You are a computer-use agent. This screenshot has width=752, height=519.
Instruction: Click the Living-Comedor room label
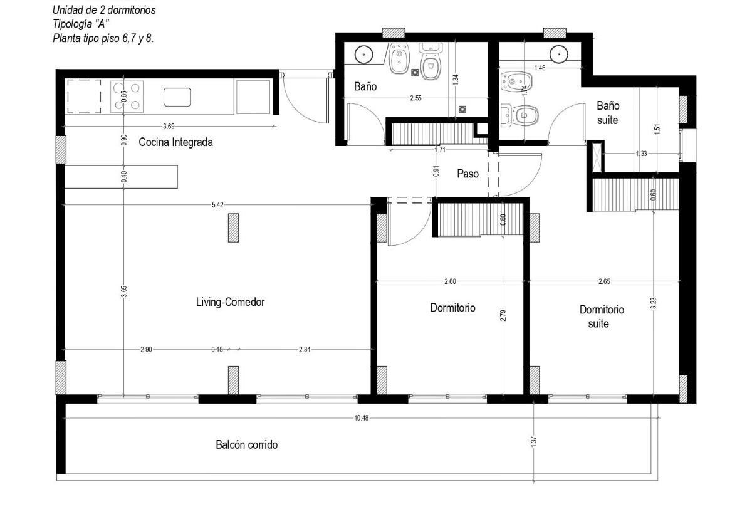[x=231, y=301]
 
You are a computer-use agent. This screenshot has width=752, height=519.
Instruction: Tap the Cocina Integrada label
[x=175, y=142]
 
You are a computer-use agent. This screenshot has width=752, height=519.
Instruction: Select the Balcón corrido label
[x=247, y=444]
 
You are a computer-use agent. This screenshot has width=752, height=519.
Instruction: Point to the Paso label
[x=467, y=174]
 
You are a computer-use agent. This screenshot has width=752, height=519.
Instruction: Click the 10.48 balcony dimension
[x=361, y=418]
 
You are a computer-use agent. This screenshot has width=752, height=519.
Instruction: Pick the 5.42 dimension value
[x=217, y=205]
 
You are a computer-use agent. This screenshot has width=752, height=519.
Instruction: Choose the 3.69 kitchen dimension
[x=169, y=126]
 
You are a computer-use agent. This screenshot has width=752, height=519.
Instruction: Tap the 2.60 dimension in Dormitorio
[x=450, y=281]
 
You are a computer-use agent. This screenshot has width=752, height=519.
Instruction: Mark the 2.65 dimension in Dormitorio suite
[x=604, y=281]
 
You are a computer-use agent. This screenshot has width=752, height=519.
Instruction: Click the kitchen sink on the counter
[x=177, y=97]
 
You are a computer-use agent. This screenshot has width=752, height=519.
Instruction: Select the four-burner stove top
[x=127, y=97]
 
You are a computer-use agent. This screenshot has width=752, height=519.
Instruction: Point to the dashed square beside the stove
[x=84, y=97]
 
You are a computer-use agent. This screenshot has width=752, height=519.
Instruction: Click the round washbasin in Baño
[x=363, y=54]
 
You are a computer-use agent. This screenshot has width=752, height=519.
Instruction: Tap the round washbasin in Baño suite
[x=559, y=54]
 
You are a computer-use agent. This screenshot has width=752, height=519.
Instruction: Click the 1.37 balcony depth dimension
[x=534, y=441]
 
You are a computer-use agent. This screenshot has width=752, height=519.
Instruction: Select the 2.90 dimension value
[x=146, y=350]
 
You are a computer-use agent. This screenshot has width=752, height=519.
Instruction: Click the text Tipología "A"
[x=81, y=24]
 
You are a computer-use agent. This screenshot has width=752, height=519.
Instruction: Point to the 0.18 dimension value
[x=217, y=350]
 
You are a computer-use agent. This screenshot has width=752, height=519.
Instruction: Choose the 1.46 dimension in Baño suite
[x=540, y=68]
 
